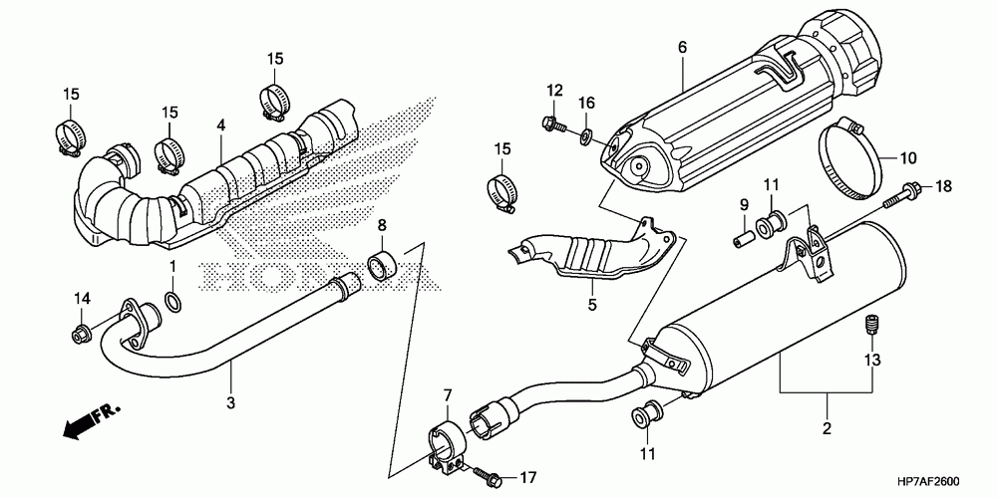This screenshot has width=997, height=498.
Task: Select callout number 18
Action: [x=943, y=186]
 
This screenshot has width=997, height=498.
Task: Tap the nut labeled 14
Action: [x=80, y=333]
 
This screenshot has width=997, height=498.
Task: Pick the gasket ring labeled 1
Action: [x=172, y=301]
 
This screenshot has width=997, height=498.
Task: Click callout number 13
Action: [x=871, y=361]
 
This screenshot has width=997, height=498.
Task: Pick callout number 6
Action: [x=682, y=47]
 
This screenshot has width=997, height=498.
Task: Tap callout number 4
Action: [x=220, y=125]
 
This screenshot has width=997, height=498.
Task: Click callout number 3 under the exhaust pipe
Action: [x=231, y=402]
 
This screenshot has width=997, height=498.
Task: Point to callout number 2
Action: [x=827, y=428]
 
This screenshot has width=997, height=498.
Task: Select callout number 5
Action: [x=592, y=305]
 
